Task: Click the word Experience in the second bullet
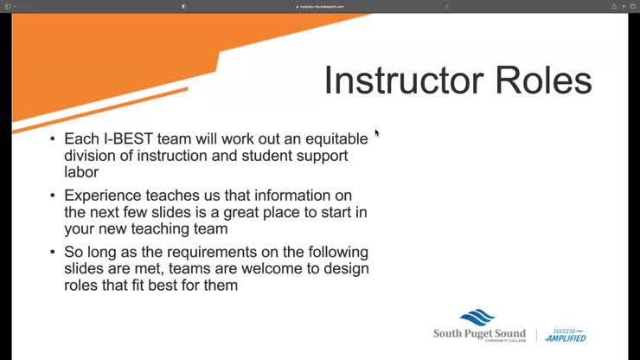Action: [x=103, y=196]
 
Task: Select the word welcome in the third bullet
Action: [x=294, y=268]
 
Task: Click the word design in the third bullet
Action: [x=349, y=268]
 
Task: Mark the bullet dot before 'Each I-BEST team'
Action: [x=54, y=139]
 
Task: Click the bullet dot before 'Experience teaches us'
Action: [x=54, y=196]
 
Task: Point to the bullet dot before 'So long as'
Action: [x=54, y=253]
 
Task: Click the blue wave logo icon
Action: [x=477, y=318]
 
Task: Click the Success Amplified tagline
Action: [x=566, y=335]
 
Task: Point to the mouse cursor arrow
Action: [x=377, y=133]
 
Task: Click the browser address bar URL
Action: [x=320, y=6]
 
